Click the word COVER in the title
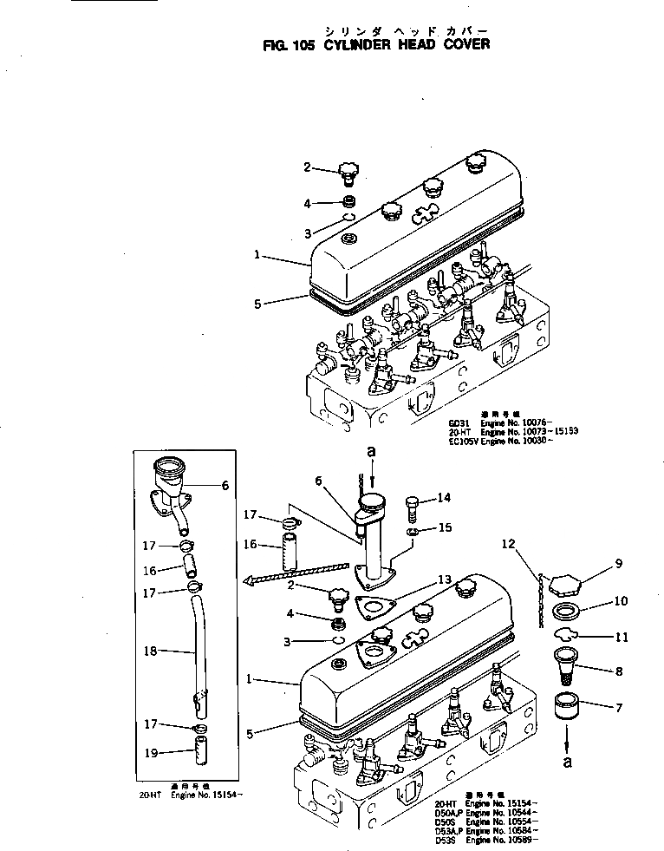pos(461,43)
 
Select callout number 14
pos(444,497)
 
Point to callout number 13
pos(444,579)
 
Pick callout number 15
pos(444,527)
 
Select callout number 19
pos(150,753)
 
